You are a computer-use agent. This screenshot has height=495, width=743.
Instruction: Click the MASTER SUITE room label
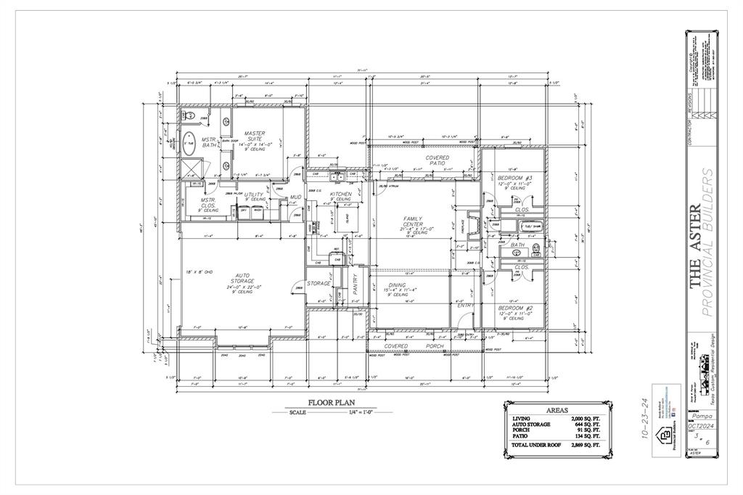click(255, 134)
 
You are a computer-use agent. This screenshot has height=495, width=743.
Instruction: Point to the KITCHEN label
click(340, 195)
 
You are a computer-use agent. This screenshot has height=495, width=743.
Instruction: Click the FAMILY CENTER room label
click(417, 220)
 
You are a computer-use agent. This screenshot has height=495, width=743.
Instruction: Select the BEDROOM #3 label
click(515, 178)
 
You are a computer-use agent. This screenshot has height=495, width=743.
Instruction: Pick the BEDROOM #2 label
click(515, 308)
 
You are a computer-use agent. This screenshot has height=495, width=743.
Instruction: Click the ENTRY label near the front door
click(464, 306)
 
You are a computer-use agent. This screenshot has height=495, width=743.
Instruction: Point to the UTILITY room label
click(254, 195)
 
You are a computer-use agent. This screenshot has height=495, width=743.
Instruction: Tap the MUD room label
click(295, 197)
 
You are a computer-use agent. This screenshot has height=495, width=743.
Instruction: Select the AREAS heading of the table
click(557, 409)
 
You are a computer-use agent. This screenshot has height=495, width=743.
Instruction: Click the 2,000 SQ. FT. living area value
click(586, 419)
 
